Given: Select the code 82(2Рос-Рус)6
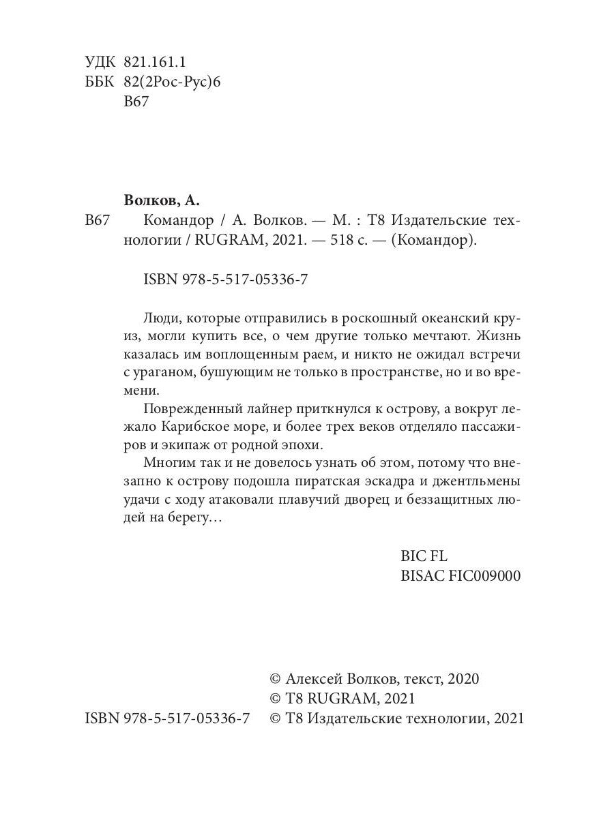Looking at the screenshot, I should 174,82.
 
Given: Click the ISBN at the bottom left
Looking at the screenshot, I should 167,718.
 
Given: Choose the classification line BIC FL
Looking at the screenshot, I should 424,556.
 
